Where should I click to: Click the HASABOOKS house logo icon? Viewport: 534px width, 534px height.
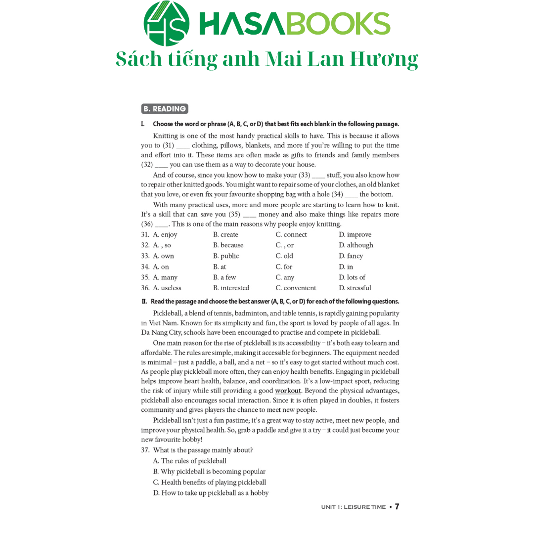point(166,23)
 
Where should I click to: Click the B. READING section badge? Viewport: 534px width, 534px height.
point(164,109)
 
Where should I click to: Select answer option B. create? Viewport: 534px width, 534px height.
point(225,235)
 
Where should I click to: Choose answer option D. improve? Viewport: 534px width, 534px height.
point(355,235)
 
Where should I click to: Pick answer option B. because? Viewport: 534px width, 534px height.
point(228,245)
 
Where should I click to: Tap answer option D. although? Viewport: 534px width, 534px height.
point(356,245)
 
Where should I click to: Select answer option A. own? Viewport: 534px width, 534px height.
point(163,256)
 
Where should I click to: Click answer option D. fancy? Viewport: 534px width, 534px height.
point(351,256)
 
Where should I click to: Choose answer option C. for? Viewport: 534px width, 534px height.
point(284,267)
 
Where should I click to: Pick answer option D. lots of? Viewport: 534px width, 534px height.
point(352,277)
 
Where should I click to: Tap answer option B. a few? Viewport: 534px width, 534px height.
point(224,277)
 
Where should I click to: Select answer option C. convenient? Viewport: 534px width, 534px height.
point(296,288)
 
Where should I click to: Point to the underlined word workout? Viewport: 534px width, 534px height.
point(288,391)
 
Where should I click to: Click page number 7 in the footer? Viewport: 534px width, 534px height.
point(397,507)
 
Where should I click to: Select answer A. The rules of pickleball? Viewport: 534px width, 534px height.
point(189,461)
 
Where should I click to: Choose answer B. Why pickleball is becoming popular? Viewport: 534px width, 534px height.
point(209,472)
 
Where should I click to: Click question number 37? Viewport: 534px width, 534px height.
point(145,450)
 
